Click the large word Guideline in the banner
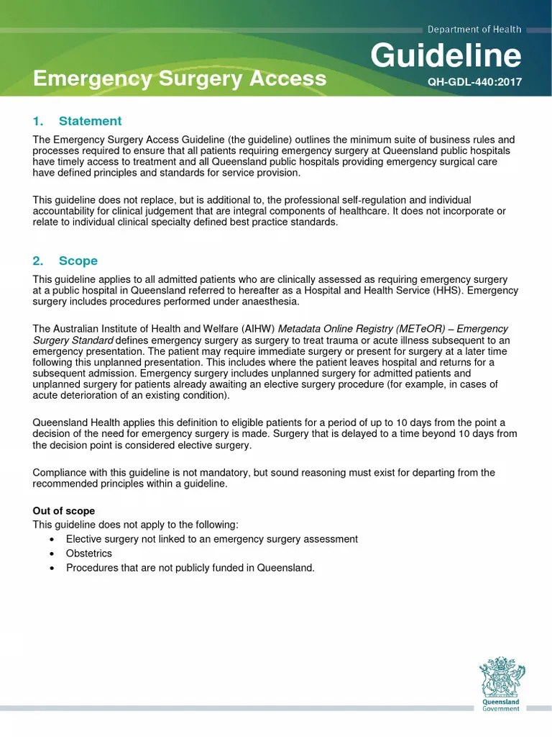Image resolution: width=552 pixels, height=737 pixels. (x=446, y=56)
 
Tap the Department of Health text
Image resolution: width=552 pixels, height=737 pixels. (x=474, y=30)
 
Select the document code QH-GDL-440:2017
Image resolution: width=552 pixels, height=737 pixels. (x=474, y=82)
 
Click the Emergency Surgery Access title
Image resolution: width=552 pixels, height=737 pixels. (x=180, y=78)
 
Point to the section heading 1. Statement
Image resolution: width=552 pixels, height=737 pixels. (x=77, y=121)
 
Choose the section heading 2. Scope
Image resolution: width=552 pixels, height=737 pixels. (x=65, y=261)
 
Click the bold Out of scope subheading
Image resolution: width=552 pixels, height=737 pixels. (x=64, y=511)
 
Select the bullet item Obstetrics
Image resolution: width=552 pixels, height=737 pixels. (x=89, y=553)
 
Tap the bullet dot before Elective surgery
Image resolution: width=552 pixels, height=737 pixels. (x=52, y=539)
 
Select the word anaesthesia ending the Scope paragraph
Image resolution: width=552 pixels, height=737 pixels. (x=269, y=302)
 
